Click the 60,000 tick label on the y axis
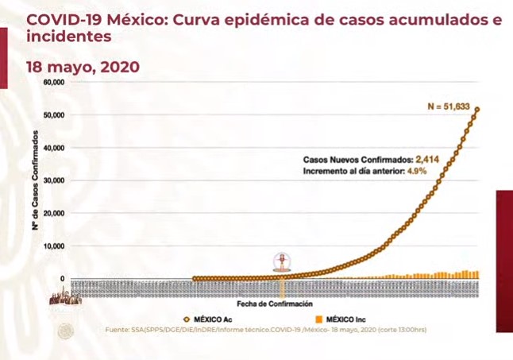(x=53, y=82)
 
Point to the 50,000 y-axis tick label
(x=53, y=115)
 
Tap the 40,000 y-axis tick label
(x=53, y=148)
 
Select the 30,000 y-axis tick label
(x=53, y=180)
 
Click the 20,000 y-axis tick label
(x=53, y=213)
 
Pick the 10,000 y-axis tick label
(x=53, y=246)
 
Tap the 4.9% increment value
(x=417, y=171)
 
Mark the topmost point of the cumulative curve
(x=477, y=110)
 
